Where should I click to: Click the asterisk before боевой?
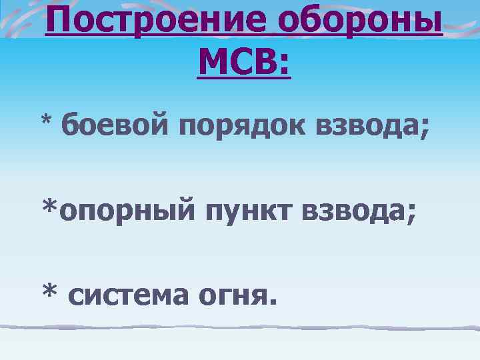point(47,121)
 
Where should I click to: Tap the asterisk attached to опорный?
point(50,207)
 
